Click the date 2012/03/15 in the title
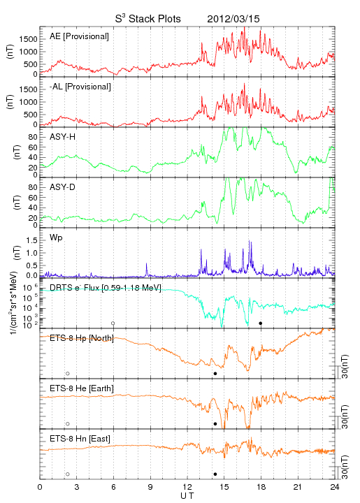(233, 19)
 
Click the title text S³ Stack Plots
(148, 19)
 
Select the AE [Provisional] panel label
(79, 36)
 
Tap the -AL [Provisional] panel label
(80, 87)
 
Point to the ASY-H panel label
(63, 137)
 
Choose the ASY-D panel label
(63, 187)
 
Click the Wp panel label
(56, 238)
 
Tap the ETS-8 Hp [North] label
(82, 338)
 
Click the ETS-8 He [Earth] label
(82, 388)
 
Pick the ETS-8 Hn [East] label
(80, 439)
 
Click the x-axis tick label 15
(224, 487)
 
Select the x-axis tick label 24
(335, 487)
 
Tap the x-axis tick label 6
(113, 487)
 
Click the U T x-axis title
(187, 496)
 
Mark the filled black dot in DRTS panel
(261, 323)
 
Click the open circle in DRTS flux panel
(113, 323)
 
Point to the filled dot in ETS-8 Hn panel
(215, 474)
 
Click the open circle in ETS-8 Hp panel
(68, 373)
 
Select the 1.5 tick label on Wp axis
(31, 240)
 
